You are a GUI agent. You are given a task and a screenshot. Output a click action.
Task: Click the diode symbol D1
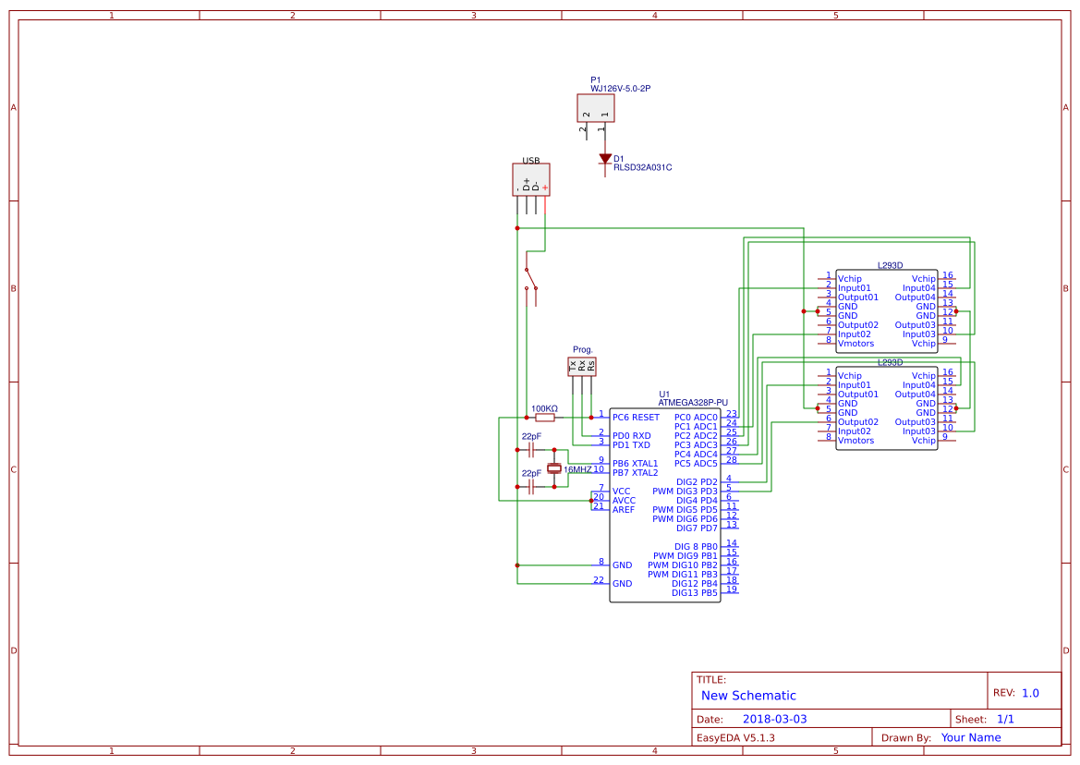pos(604,159)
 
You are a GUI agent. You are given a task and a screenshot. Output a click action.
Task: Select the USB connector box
pos(531,180)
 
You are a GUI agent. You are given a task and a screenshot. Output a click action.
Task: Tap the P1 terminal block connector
pos(596,108)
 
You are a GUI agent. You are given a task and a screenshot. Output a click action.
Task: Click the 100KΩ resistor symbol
pos(545,418)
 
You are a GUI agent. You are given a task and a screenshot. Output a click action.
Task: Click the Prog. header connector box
pos(582,367)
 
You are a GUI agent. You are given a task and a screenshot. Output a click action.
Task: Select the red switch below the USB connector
pos(530,281)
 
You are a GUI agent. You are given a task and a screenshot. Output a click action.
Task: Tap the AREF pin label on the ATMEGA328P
pos(624,510)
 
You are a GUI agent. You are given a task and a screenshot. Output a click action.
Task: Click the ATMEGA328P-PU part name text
pos(693,403)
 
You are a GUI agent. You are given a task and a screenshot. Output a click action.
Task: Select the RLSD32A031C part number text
pos(642,168)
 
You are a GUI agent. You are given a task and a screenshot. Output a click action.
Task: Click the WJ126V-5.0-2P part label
pos(626,89)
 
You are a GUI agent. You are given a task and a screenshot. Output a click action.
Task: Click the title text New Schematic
pos(748,696)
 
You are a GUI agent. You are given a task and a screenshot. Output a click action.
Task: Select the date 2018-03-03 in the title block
pos(774,719)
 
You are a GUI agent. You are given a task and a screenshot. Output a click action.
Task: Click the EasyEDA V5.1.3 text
pos(735,737)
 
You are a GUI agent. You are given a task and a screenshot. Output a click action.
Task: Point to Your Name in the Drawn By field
pos(971,737)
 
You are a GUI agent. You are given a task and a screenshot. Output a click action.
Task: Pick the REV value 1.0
pos(1030,693)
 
